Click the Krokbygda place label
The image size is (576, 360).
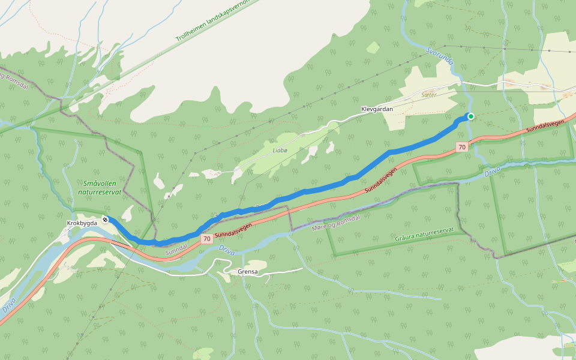click(82, 223)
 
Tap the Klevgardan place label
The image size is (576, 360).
click(377, 109)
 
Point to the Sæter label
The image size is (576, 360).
click(428, 95)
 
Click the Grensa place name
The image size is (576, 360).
click(248, 272)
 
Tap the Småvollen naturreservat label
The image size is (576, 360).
click(100, 188)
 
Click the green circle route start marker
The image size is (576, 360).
click(471, 116)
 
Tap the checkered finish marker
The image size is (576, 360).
click(105, 220)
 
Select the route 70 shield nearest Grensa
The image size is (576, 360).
click(206, 239)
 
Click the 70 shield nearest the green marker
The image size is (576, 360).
click(461, 147)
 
